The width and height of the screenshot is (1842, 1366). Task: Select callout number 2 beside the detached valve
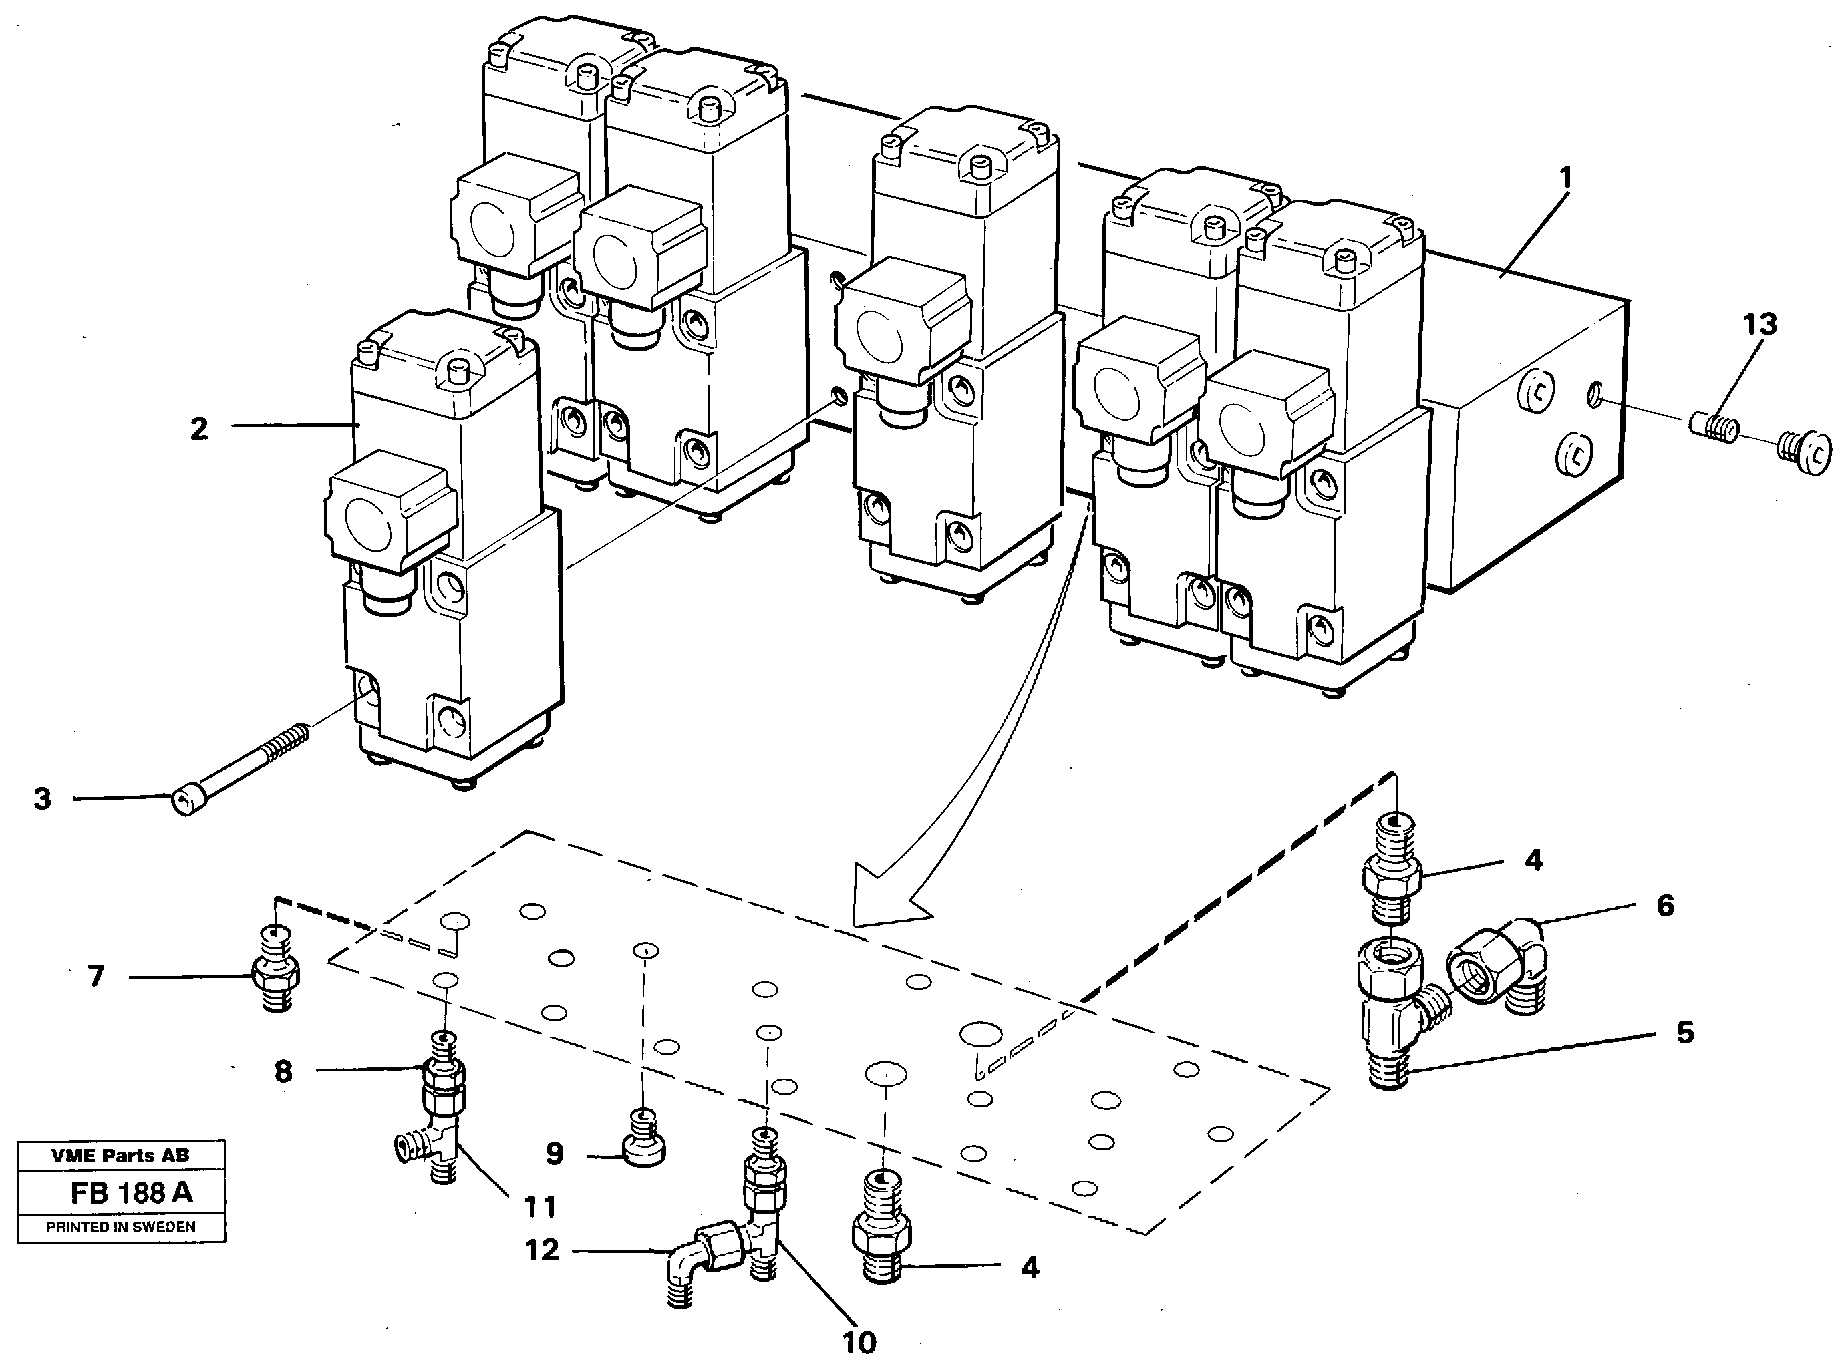(199, 429)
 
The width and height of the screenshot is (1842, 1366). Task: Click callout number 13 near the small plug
(1759, 325)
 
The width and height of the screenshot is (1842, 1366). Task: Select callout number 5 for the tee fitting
(1685, 1033)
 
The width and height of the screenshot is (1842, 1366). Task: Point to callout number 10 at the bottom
(859, 1342)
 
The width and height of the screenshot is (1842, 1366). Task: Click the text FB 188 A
(131, 1193)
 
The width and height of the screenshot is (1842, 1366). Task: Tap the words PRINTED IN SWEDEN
(121, 1227)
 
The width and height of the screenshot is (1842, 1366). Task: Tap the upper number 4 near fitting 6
(1533, 861)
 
